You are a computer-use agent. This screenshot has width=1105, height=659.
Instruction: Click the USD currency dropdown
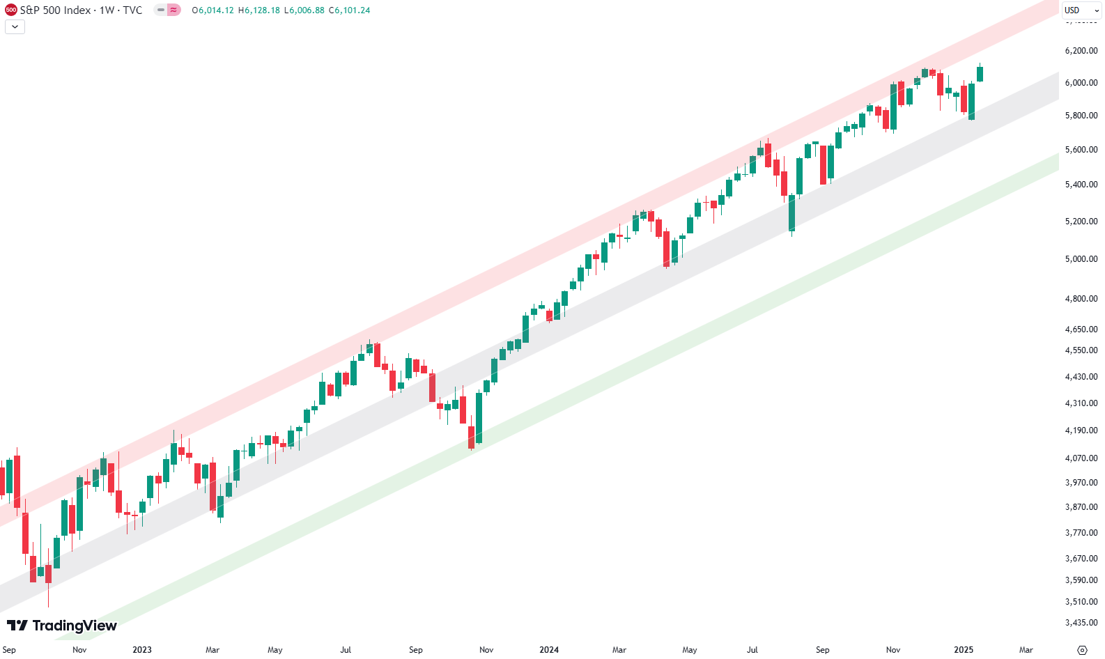(1081, 10)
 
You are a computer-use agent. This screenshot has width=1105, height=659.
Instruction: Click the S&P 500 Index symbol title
(56, 10)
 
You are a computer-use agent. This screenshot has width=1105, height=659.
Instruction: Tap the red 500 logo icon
(10, 10)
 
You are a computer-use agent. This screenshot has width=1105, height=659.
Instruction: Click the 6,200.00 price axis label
(1081, 51)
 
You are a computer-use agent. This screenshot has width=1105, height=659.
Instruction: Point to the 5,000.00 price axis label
(1081, 259)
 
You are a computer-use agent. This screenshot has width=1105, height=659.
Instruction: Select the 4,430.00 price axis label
(1081, 377)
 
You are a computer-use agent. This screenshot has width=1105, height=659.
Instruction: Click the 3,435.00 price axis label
(1081, 623)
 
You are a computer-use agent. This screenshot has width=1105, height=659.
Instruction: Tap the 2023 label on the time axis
(142, 650)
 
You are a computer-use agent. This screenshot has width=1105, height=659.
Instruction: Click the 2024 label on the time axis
(549, 650)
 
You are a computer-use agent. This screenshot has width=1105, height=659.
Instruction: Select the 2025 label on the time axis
(964, 650)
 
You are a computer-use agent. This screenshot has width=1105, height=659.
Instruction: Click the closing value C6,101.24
(350, 10)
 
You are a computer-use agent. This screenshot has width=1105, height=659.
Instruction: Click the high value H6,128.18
(258, 10)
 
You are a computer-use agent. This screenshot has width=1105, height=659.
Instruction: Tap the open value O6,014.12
(213, 10)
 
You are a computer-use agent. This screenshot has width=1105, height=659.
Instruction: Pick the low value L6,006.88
(304, 10)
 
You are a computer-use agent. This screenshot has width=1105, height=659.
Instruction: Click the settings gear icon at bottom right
(1082, 650)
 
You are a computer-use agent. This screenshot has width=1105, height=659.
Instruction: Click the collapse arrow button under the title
(15, 27)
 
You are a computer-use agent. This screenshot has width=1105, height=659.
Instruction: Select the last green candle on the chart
(980, 74)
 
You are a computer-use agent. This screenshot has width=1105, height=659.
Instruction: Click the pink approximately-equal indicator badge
(173, 10)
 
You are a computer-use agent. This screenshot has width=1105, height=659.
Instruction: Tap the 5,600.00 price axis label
(1081, 150)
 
